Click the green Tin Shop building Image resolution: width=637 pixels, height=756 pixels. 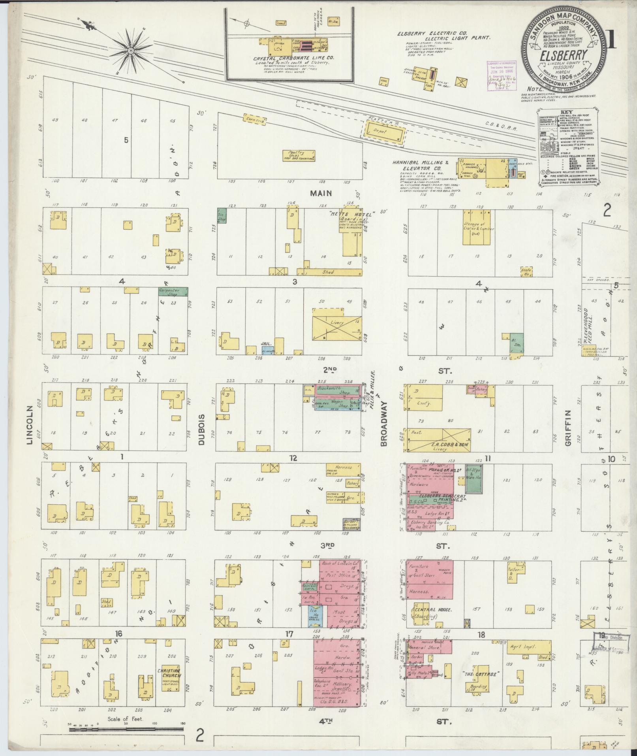point(222,217)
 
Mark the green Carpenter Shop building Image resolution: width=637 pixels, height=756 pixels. point(173,291)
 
